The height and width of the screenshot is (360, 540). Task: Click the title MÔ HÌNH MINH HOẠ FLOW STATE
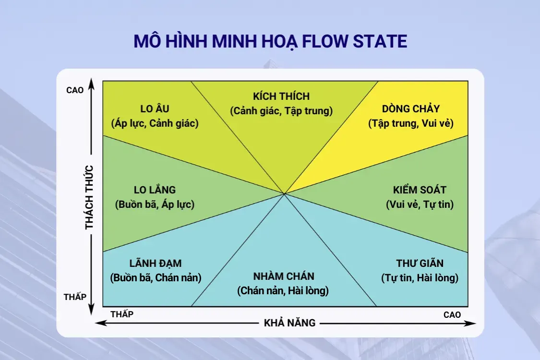[x=270, y=41]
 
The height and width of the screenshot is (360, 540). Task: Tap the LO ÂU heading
[x=155, y=109]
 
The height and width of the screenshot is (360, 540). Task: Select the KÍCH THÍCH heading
[x=281, y=96]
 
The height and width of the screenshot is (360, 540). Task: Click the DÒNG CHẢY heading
[x=411, y=109]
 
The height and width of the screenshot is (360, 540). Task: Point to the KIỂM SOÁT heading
[x=420, y=190]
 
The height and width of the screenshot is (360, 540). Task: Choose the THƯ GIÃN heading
[x=420, y=264]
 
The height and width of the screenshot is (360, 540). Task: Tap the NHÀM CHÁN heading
[x=283, y=276]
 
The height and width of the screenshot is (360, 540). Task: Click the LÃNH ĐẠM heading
[x=156, y=264]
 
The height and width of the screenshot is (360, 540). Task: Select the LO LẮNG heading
[x=155, y=190]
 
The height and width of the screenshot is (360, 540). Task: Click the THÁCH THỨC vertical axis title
[x=90, y=197]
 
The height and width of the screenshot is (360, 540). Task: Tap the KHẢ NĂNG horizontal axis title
[x=290, y=323]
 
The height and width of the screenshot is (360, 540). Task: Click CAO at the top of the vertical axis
[x=74, y=90]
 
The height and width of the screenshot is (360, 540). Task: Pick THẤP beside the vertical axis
[x=75, y=297]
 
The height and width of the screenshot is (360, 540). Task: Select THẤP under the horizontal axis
[x=122, y=314]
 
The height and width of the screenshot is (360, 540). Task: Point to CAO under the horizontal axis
[x=452, y=315]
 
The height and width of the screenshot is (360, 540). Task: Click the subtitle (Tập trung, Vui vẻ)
[x=411, y=123]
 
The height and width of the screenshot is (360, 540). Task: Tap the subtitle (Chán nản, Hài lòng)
[x=283, y=290]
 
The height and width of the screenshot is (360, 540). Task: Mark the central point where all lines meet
[x=285, y=194]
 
